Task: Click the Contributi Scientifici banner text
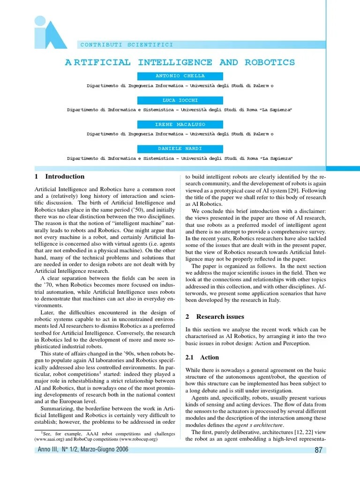point(127,45)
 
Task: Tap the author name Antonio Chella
point(180,76)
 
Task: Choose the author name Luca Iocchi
point(180,100)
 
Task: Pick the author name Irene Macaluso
point(180,125)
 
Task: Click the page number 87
point(318,450)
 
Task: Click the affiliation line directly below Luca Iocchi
point(180,110)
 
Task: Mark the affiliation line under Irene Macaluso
point(180,134)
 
